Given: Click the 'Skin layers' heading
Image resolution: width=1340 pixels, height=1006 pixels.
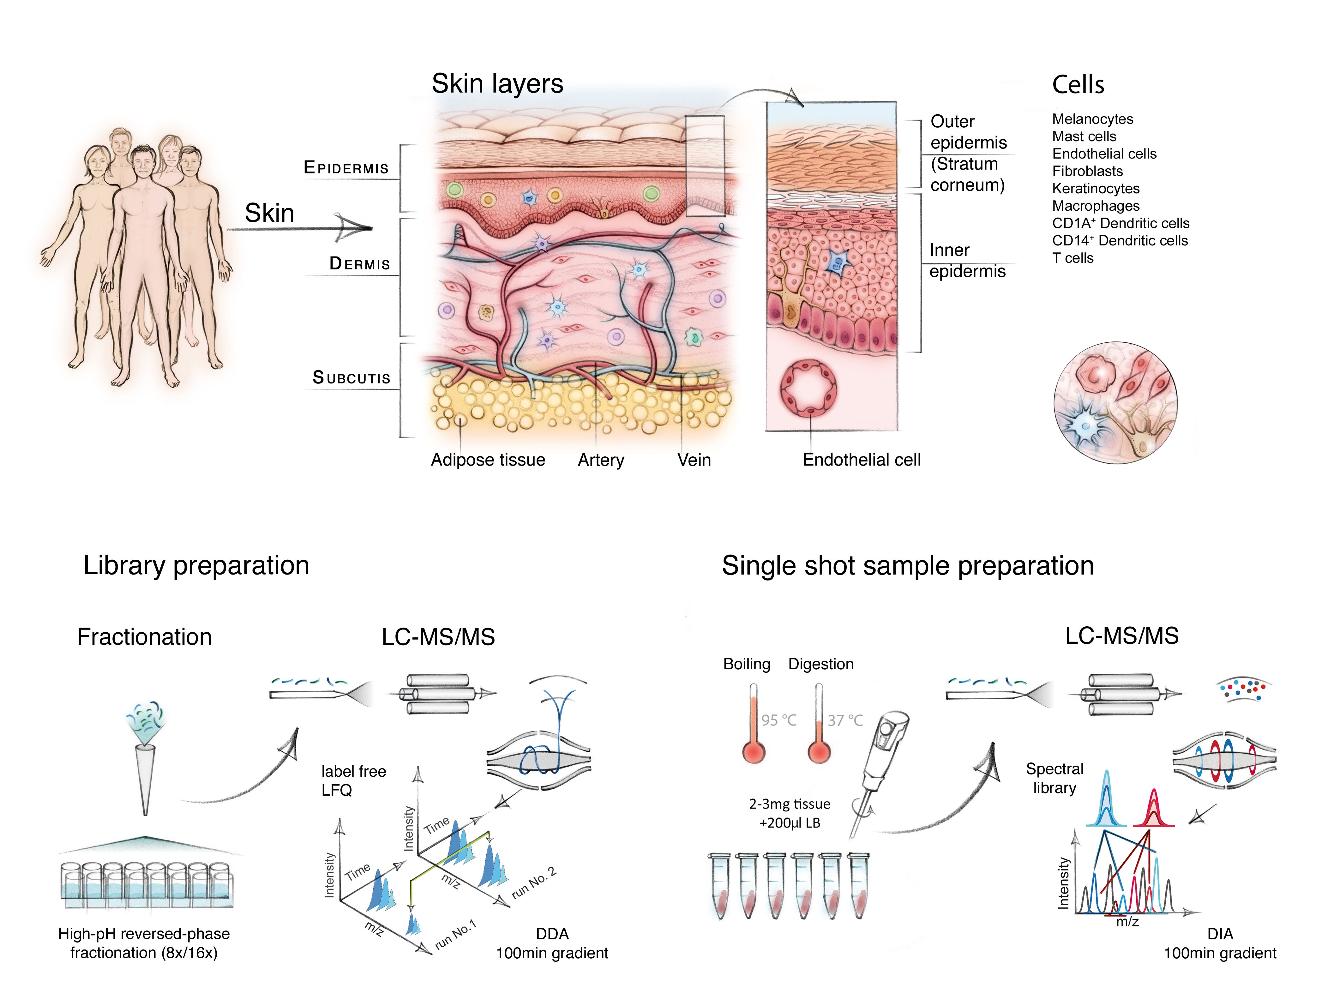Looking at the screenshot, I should (x=497, y=84).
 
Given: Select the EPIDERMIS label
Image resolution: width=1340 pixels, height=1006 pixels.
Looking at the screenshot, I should (x=346, y=167).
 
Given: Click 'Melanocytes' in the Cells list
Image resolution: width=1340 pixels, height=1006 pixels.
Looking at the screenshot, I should (x=1092, y=119).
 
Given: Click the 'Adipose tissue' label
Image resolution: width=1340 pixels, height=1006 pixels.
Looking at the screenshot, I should (x=488, y=460).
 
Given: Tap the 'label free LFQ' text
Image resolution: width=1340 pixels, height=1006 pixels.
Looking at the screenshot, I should (x=353, y=780).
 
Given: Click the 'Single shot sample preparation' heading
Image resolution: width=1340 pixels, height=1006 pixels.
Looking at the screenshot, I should (x=907, y=566).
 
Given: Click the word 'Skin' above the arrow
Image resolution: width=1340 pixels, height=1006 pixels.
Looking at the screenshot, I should (x=269, y=213).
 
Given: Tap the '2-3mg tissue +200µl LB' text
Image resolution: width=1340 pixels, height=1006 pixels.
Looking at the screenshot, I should (x=789, y=813).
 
